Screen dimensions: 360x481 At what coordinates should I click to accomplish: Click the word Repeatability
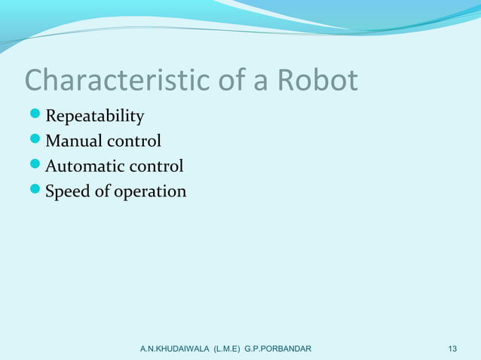tap(94, 117)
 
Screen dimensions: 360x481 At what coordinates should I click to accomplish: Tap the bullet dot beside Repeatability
tap(35, 117)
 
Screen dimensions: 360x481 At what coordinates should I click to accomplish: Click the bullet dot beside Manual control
tap(35, 142)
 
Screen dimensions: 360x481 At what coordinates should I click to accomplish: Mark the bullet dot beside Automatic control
tap(35, 166)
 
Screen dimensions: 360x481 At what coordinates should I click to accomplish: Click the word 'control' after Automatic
tap(158, 166)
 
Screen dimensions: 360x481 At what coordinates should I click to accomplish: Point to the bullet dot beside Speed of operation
tap(35, 192)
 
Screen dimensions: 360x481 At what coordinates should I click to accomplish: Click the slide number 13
tap(452, 349)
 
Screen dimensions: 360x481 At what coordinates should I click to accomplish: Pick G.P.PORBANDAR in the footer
tap(284, 349)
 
